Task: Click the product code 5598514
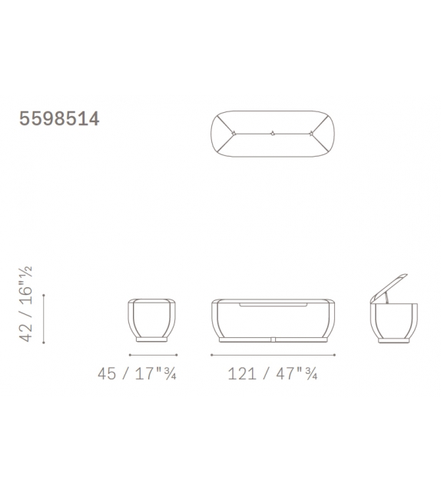[x=59, y=118]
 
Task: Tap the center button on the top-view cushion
[x=273, y=134]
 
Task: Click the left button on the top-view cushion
[x=234, y=134]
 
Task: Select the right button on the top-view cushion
[x=311, y=134]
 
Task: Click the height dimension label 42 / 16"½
[x=25, y=304]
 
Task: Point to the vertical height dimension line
[x=43, y=319]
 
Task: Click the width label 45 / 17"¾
[x=137, y=374]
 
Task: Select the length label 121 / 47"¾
[x=273, y=374]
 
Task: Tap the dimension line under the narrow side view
[x=153, y=355]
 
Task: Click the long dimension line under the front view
[x=273, y=355]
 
